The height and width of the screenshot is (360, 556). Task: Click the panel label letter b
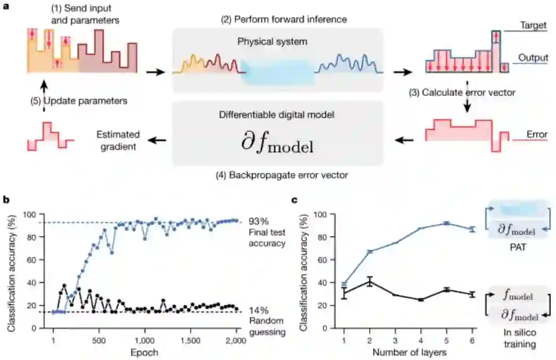[x=6, y=199]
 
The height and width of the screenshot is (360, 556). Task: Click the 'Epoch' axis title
[x=145, y=352]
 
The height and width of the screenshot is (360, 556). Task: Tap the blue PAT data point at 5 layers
[x=447, y=223]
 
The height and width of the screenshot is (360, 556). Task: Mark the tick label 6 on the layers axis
[x=472, y=340]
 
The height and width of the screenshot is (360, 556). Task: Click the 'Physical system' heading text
[x=276, y=40]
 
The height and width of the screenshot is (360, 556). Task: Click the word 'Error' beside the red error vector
[x=537, y=135]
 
